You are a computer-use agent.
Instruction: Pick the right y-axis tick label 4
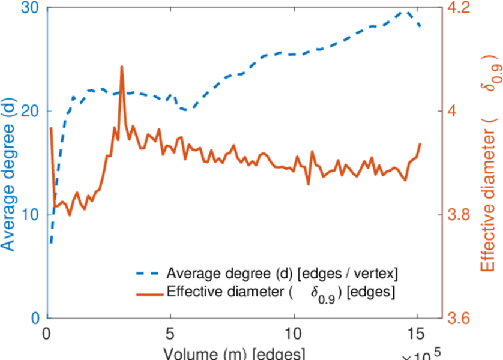coord(454,112)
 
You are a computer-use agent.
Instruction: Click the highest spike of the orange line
coord(122,67)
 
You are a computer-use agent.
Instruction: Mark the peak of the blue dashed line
coord(407,11)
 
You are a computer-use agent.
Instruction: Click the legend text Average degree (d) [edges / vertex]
coord(282,274)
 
